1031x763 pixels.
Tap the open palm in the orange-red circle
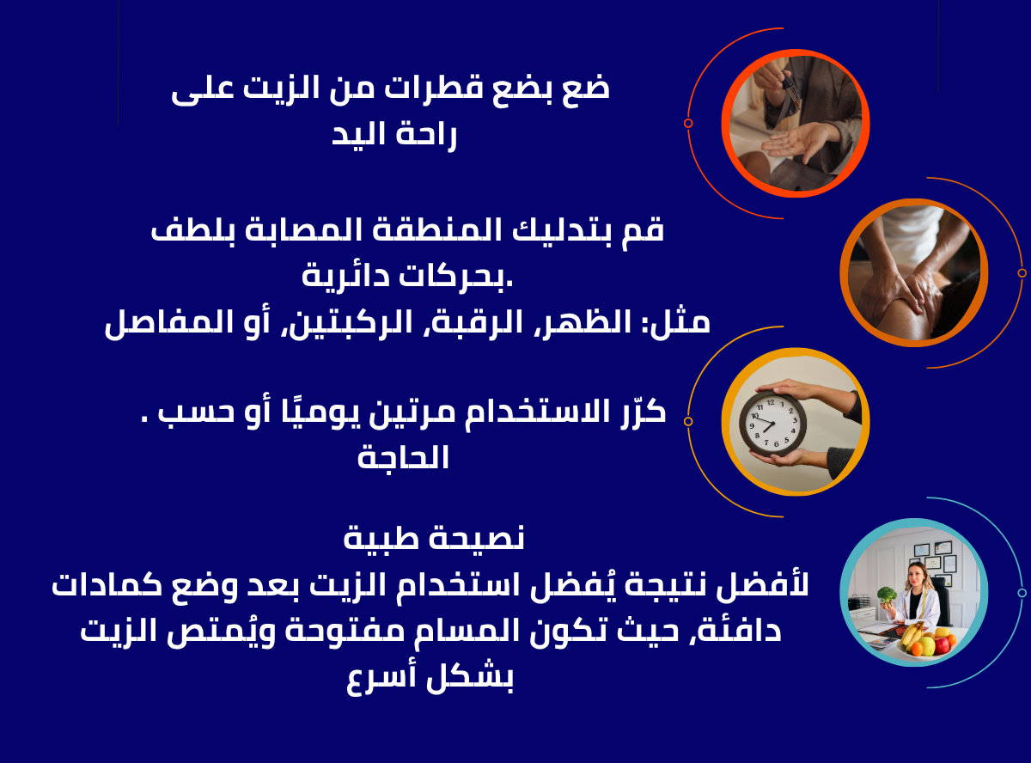point(796,142)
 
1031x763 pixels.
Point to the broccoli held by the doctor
point(887,596)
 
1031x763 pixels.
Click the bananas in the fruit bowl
point(911,635)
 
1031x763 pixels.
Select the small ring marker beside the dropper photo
point(688,123)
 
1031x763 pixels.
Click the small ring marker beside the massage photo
point(1022,273)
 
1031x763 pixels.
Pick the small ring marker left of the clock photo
point(688,421)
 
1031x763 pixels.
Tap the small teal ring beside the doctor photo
point(1022,593)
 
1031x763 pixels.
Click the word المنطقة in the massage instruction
point(436,229)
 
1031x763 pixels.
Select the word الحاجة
point(403,458)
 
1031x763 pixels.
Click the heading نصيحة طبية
point(434,539)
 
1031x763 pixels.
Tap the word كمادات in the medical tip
point(107,585)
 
